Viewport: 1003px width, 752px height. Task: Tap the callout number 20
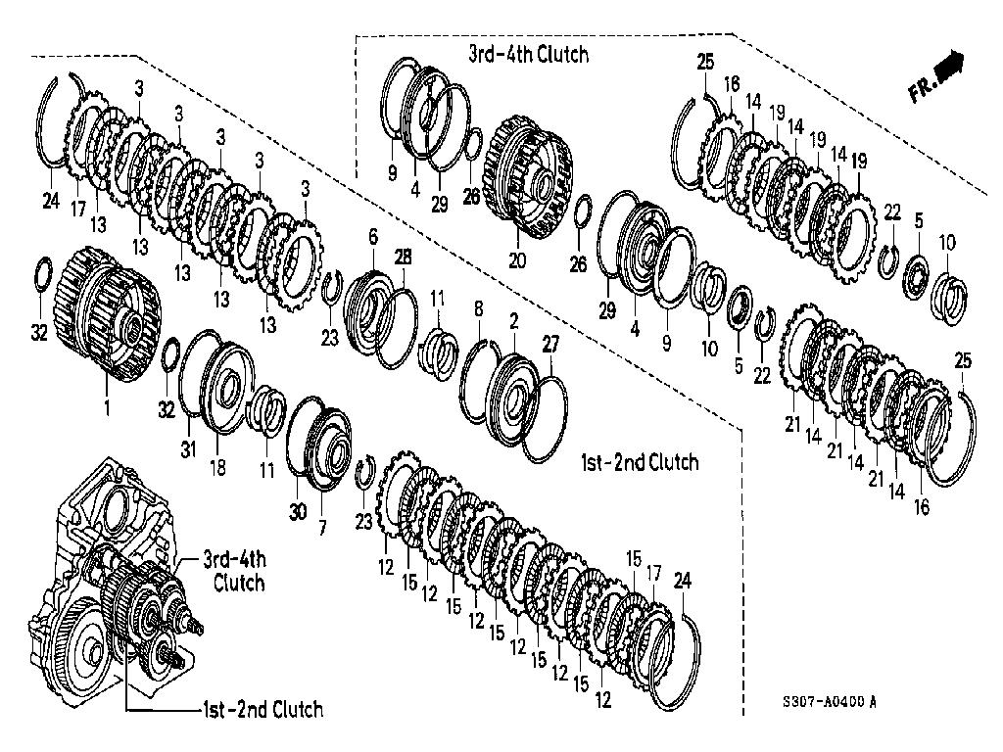coord(516,260)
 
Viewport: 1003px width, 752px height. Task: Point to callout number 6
coord(372,237)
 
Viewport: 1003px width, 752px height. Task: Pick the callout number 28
coord(403,257)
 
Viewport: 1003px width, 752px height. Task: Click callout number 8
coord(478,310)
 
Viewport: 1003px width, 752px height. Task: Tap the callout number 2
coord(513,322)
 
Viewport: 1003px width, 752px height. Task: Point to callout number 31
coord(186,448)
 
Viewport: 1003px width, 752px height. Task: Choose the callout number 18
coord(216,468)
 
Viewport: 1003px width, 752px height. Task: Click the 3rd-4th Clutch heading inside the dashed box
coord(529,54)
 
